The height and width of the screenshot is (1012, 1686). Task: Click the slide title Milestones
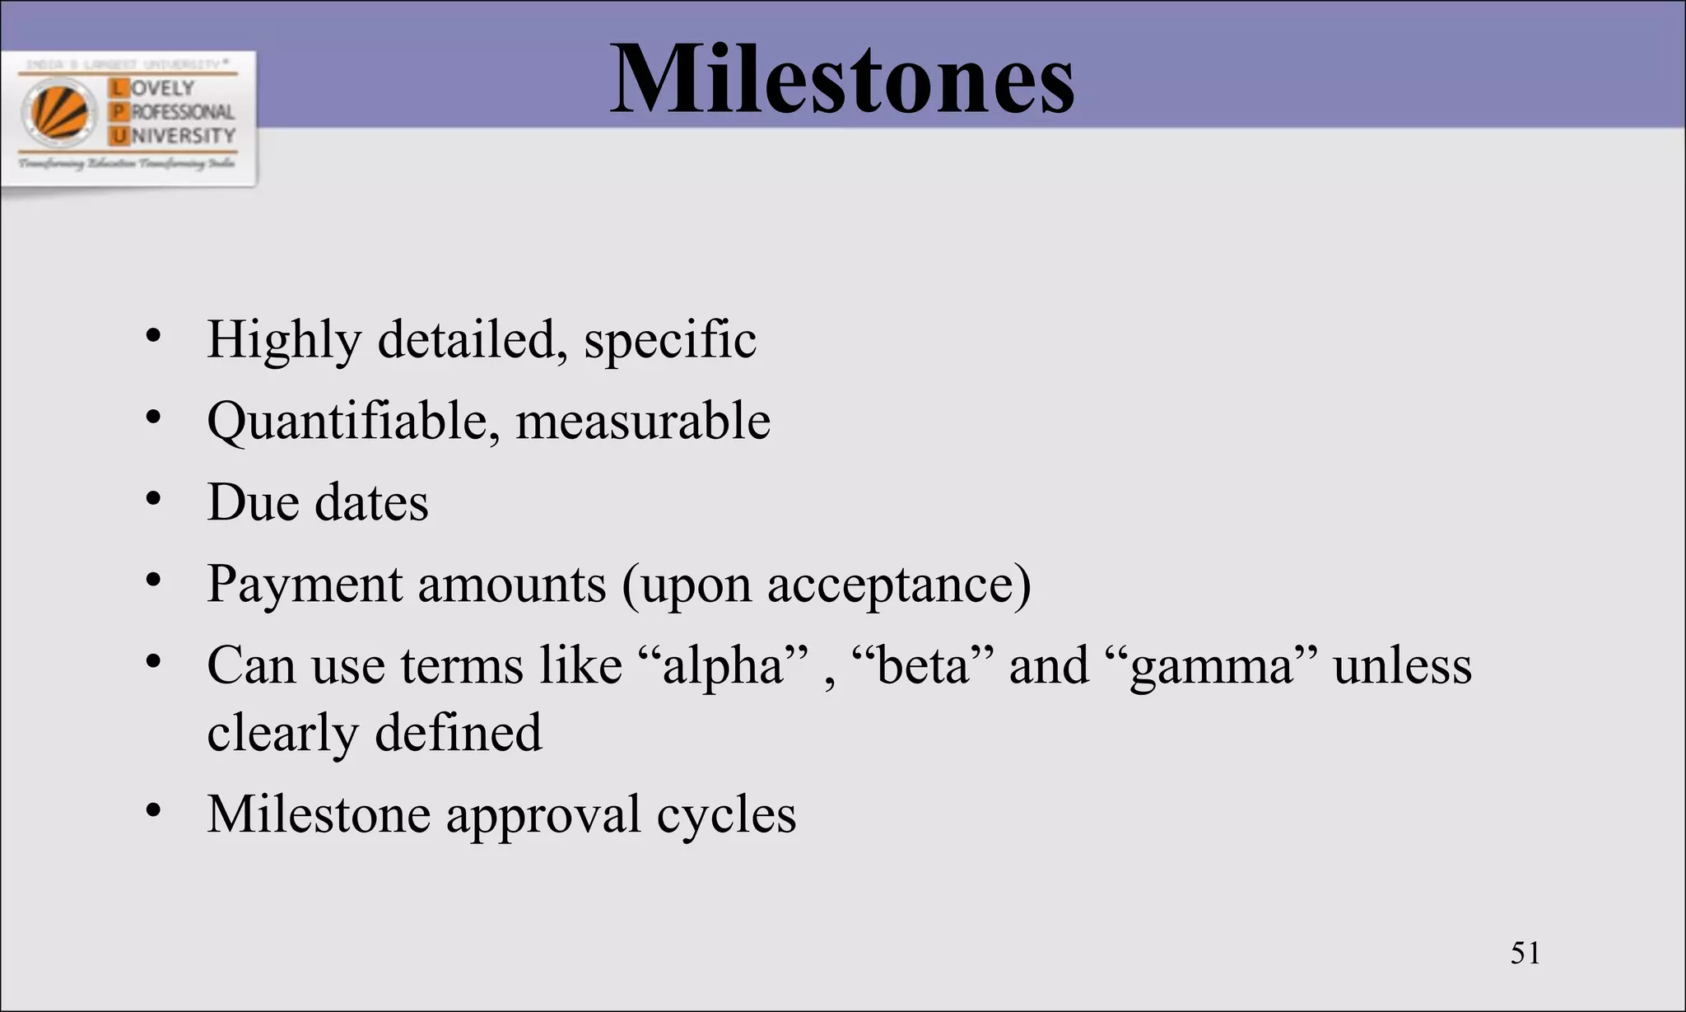pyautogui.click(x=841, y=80)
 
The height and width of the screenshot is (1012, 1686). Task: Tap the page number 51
pyautogui.click(x=1525, y=953)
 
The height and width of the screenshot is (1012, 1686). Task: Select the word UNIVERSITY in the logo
pyautogui.click(x=183, y=135)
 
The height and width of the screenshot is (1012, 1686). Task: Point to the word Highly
pyautogui.click(x=284, y=339)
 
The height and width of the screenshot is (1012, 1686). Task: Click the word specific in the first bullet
pyautogui.click(x=669, y=339)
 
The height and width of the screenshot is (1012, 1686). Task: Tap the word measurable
pyautogui.click(x=642, y=421)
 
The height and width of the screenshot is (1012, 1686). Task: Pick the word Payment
pyautogui.click(x=304, y=584)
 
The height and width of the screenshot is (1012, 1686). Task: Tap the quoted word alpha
pyautogui.click(x=724, y=665)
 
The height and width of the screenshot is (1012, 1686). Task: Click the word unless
pyautogui.click(x=1402, y=665)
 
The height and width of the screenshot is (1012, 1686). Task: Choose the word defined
pyautogui.click(x=459, y=732)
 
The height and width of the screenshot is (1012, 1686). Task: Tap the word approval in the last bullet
pyautogui.click(x=543, y=815)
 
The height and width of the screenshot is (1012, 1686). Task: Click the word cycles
pyautogui.click(x=726, y=815)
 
